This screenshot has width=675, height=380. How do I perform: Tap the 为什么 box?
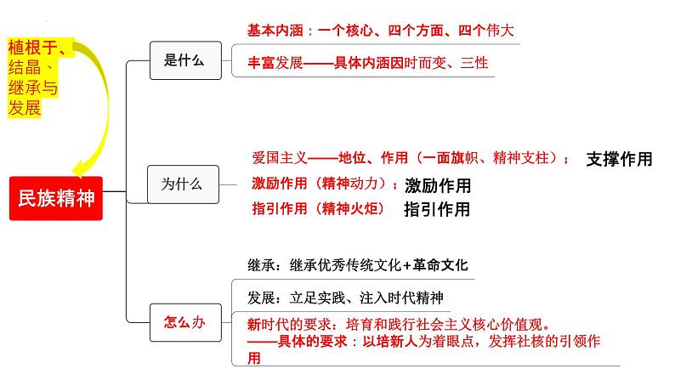181,184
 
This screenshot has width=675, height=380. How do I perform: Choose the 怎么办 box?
183,321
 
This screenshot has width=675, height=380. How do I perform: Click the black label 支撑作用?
619,159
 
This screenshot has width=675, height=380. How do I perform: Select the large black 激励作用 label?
437,185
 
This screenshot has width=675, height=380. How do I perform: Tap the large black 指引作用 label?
437,209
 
